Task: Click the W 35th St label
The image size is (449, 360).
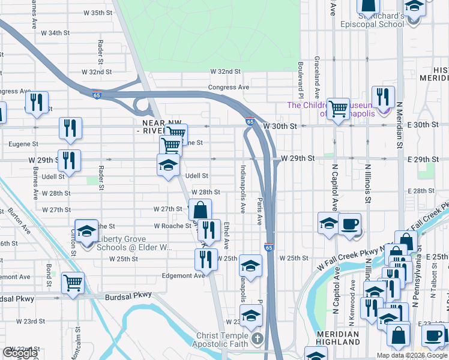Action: (x=94, y=13)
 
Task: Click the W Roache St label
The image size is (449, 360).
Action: (x=172, y=226)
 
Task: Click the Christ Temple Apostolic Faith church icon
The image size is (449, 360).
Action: (x=258, y=337)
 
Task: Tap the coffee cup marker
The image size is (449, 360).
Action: (x=350, y=224)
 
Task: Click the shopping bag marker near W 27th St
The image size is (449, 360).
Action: (x=200, y=210)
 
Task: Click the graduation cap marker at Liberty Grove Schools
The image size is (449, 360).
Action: (x=87, y=233)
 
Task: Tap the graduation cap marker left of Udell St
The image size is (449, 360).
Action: (x=169, y=165)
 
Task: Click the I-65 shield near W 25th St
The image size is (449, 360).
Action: (x=269, y=246)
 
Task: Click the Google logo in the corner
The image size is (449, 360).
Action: (x=20, y=353)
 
